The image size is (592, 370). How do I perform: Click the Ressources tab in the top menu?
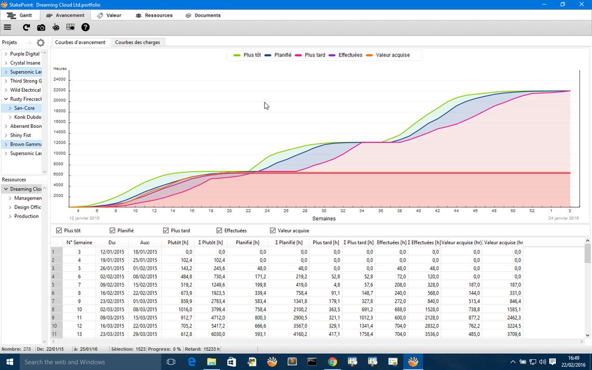click(154, 15)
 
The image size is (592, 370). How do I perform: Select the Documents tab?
click(203, 15)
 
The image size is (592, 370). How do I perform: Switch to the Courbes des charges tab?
click(137, 42)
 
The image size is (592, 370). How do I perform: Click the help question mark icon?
click(85, 27)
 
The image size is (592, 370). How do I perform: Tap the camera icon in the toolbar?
click(41, 27)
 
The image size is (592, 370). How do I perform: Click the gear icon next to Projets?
click(41, 42)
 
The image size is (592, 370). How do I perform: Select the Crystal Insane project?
click(25, 63)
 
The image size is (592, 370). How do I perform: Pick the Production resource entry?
click(26, 216)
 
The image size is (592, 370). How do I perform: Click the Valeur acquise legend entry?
click(392, 55)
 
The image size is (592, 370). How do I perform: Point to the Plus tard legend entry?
click(315, 55)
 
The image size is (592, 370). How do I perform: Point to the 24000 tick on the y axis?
click(60, 79)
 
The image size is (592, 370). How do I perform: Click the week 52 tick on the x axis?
click(532, 211)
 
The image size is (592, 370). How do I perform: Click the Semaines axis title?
click(324, 218)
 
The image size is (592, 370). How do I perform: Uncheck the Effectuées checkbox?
click(220, 231)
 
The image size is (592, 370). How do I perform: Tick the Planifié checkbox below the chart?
click(113, 231)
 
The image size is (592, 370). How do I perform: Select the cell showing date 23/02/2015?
click(112, 301)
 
